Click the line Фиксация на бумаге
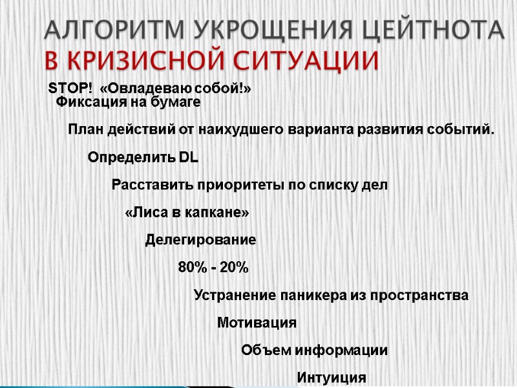coord(128,102)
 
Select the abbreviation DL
coord(188,157)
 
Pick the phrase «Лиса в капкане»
coord(187,213)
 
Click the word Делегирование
coord(200,240)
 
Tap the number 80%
coord(192,268)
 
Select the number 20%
coord(234,268)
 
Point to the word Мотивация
coord(257,323)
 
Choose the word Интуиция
coord(332,378)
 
